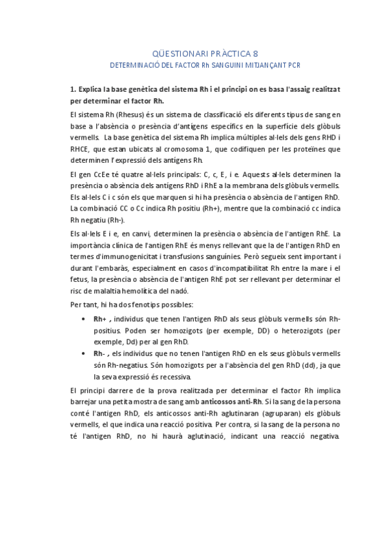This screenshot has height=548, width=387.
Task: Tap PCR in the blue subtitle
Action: tap(295, 66)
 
